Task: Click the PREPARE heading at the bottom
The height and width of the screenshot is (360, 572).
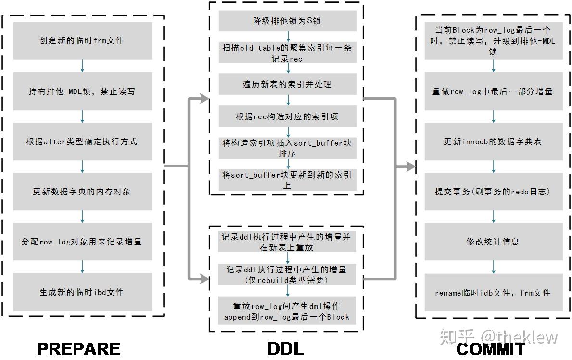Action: [x=79, y=348]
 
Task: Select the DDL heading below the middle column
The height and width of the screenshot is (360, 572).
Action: [x=286, y=348]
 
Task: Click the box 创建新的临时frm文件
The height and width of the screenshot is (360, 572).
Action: [x=82, y=41]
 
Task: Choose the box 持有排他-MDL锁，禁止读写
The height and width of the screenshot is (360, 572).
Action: [x=82, y=91]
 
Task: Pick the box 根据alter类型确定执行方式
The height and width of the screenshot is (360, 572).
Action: [x=82, y=141]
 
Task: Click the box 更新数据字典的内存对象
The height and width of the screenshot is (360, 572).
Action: [x=82, y=192]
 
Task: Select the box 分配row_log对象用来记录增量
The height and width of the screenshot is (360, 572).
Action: [x=82, y=242]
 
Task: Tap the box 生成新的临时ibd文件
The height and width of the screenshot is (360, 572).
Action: [x=82, y=292]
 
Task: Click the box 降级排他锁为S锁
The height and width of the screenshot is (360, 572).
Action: [x=288, y=21]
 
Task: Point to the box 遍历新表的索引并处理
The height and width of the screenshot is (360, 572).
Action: [x=288, y=84]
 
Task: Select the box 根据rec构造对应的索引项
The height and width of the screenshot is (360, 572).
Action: [x=288, y=116]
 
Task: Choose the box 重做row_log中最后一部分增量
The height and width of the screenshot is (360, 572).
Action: [x=493, y=91]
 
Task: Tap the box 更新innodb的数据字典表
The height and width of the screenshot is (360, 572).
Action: [x=493, y=141]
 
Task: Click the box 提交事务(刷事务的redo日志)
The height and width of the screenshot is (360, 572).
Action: [x=493, y=192]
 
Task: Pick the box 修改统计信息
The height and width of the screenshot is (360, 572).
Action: [x=493, y=242]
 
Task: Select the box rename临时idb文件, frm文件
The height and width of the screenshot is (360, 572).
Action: [x=493, y=293]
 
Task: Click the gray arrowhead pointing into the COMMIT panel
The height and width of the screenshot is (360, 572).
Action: [x=409, y=167]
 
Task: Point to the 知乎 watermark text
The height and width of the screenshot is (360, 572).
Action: [x=457, y=336]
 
